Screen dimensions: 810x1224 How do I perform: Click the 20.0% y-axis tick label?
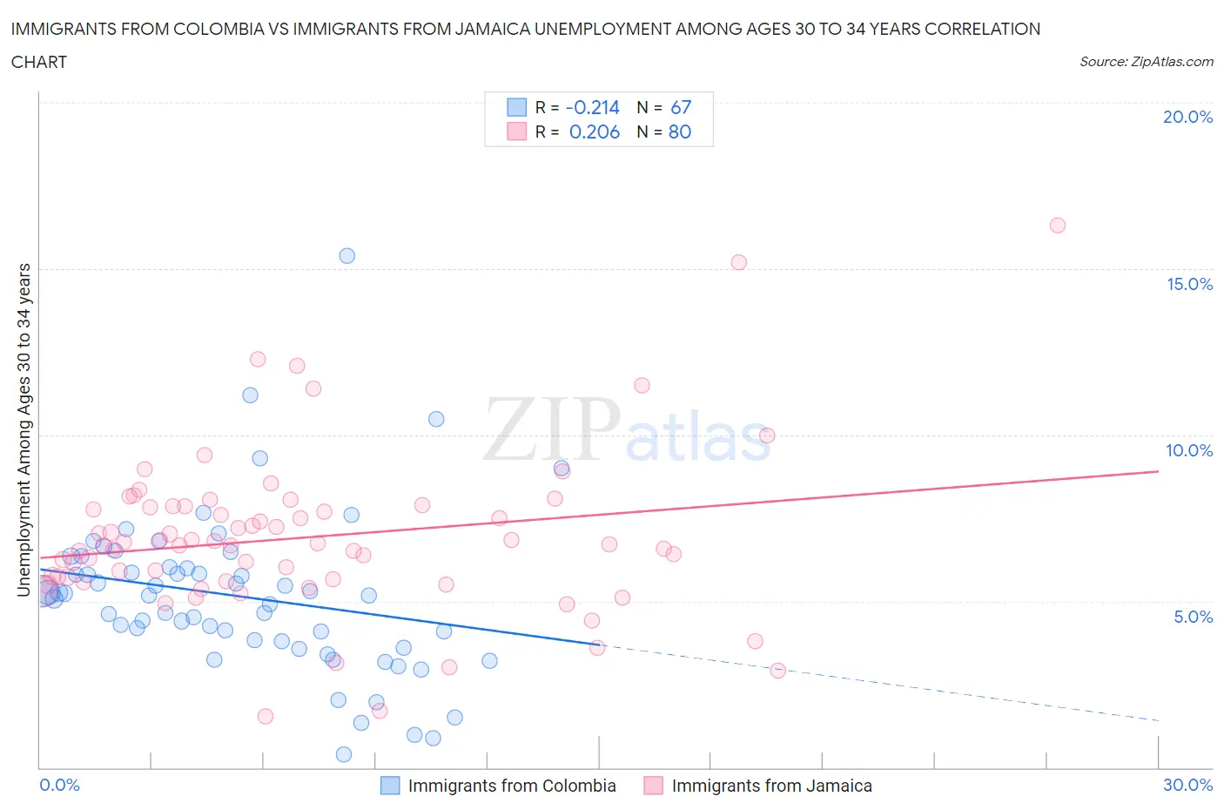coord(1187,117)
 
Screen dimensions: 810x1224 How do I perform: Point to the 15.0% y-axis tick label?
coord(1189,284)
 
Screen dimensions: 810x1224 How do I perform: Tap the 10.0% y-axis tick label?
coord(1189,450)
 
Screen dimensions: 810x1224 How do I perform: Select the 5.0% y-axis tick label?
coord(1193,617)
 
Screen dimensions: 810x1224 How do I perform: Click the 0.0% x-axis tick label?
coord(59,785)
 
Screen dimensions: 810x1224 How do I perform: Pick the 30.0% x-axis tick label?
coord(1187,785)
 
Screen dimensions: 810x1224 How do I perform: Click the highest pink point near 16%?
coord(1058,226)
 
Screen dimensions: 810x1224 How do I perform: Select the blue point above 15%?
coord(346,256)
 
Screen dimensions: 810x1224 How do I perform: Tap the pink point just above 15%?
coord(738,262)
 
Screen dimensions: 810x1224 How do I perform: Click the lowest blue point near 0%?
coord(344,754)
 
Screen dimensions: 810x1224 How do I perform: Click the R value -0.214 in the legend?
coord(592,107)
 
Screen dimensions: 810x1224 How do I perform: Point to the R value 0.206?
coord(594,132)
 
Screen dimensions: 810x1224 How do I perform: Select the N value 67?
coord(681,107)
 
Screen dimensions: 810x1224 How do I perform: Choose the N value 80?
coord(680,132)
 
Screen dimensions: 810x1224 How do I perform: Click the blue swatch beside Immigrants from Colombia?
coord(390,786)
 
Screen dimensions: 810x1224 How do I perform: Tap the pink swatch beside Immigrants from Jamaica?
coord(653,786)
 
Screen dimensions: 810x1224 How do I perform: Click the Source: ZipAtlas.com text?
coord(1146,62)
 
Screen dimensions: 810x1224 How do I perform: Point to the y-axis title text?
coord(24,430)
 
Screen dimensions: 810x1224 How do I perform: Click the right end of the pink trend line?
coord(1158,471)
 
